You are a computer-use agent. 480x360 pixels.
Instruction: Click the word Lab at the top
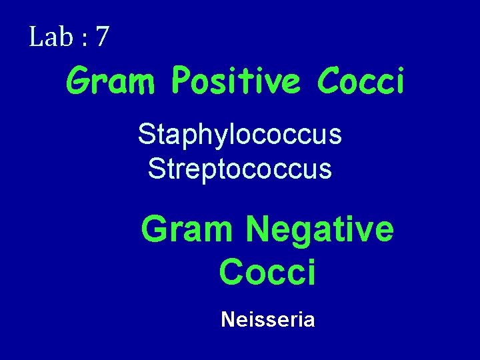49,37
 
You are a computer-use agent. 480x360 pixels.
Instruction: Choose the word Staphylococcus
240,136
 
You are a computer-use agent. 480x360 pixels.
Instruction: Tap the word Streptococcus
240,168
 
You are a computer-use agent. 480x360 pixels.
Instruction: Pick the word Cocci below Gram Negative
267,272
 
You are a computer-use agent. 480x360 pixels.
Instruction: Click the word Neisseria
267,320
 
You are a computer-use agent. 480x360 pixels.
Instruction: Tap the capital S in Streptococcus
157,167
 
